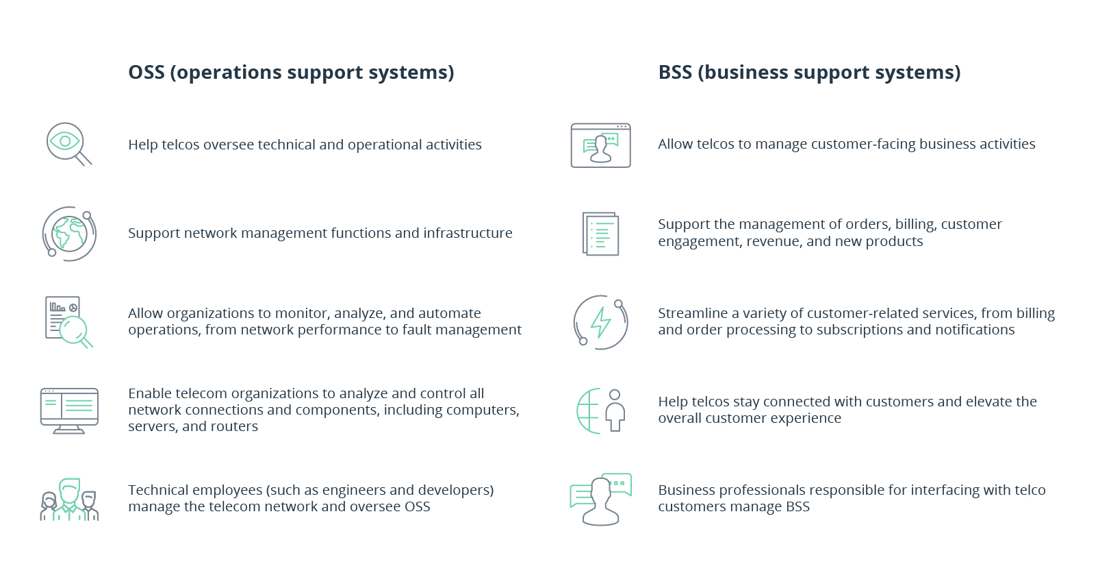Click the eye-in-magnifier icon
(x=68, y=144)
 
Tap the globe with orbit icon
(x=68, y=234)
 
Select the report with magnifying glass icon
(x=68, y=321)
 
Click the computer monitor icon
(x=69, y=410)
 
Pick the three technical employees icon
(x=69, y=500)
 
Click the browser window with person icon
(x=600, y=145)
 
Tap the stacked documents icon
(x=600, y=234)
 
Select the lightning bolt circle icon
(x=600, y=322)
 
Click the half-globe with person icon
(x=600, y=411)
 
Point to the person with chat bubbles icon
(x=600, y=499)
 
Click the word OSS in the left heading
(x=146, y=73)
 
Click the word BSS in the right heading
(x=675, y=73)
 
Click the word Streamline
(x=693, y=313)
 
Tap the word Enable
(x=149, y=393)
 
